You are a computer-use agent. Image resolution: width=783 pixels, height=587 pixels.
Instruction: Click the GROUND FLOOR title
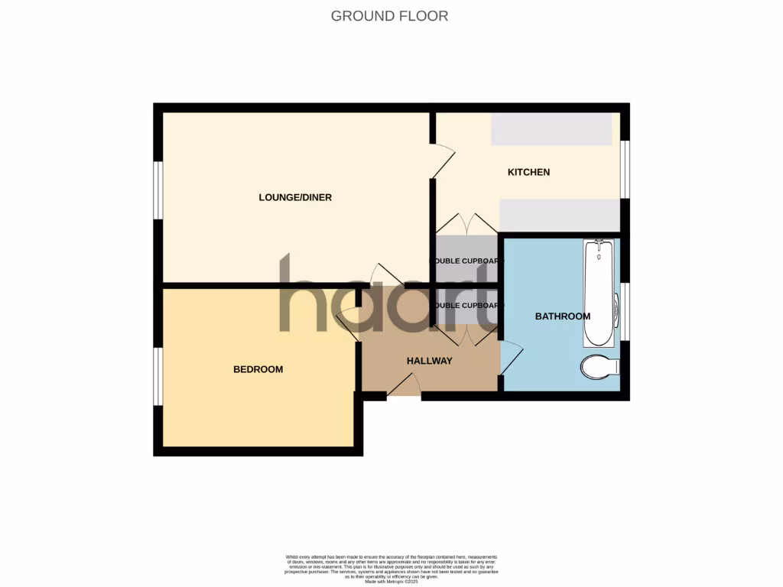(x=389, y=16)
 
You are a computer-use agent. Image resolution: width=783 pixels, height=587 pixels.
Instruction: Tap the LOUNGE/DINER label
(x=295, y=197)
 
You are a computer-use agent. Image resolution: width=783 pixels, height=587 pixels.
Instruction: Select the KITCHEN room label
(x=529, y=172)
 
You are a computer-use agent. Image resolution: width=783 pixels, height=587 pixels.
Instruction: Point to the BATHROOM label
(x=562, y=316)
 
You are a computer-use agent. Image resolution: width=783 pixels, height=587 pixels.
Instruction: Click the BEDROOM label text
(x=258, y=369)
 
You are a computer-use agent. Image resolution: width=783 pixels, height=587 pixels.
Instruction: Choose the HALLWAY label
(x=429, y=361)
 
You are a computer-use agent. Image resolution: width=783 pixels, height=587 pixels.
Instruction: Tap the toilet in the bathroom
(x=600, y=367)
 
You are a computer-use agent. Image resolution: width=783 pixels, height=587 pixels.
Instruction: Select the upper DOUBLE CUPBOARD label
(x=467, y=261)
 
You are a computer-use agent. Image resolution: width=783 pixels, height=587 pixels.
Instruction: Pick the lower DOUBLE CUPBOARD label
(x=467, y=306)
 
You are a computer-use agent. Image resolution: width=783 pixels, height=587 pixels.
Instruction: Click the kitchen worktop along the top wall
(x=551, y=129)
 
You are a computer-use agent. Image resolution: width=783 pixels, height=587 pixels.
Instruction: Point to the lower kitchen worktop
(x=559, y=215)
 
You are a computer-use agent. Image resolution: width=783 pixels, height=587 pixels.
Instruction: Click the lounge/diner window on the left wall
(x=158, y=190)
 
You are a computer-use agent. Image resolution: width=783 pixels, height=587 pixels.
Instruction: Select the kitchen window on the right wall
(x=625, y=169)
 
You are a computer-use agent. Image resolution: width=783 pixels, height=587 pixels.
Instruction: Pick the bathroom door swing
(x=511, y=358)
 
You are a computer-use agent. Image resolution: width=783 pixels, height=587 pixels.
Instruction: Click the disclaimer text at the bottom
(x=391, y=569)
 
